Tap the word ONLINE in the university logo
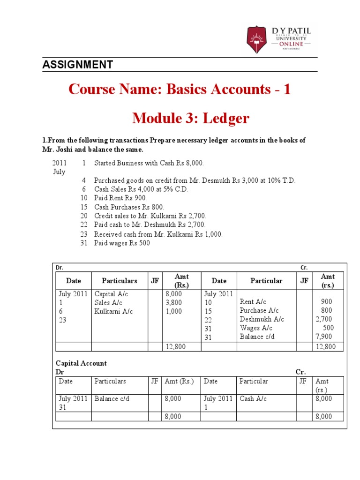[x=293, y=44]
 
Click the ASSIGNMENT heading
[x=77, y=65]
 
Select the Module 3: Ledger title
[x=190, y=119]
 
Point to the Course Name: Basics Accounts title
[x=180, y=89]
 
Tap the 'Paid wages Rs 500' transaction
[x=122, y=243]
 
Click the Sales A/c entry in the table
[x=109, y=302]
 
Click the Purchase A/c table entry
[x=259, y=311]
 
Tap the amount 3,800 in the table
[x=174, y=302]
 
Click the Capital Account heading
[x=81, y=363]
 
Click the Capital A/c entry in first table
[x=111, y=294]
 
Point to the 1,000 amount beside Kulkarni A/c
[x=174, y=311]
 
